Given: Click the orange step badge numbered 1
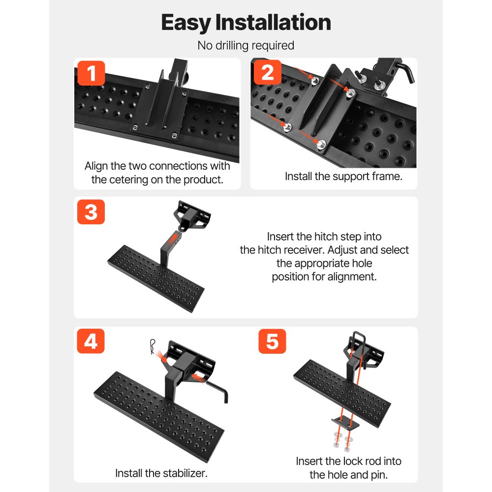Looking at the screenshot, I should coord(91,73).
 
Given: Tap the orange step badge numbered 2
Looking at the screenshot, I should coord(268,73).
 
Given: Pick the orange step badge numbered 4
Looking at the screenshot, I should coord(91,342).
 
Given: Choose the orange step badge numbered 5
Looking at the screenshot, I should coord(272,342).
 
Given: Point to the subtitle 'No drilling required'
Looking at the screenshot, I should coord(246,46).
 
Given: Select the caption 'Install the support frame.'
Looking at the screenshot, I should coord(343,176).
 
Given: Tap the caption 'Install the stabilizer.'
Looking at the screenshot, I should coord(161,473).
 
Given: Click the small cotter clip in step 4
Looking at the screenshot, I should coord(154,346).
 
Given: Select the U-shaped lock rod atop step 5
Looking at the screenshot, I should coord(358,339).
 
